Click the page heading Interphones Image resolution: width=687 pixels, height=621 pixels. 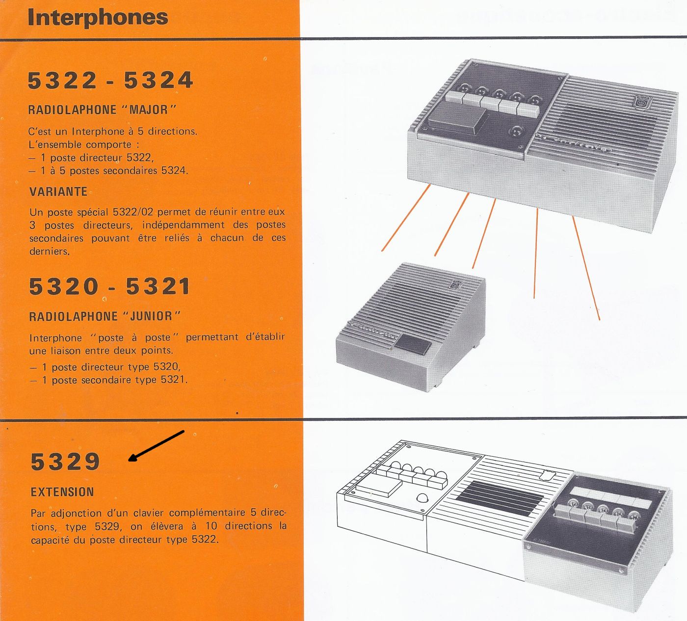click(98, 18)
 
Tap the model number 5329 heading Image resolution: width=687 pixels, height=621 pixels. click(65, 462)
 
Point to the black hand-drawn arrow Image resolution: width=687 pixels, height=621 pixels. click(156, 446)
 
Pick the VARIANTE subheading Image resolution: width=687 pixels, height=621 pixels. click(58, 191)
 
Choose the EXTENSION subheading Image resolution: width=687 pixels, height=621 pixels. click(62, 492)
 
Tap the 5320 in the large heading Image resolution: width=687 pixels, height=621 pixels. click(64, 286)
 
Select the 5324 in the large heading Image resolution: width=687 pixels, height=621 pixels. click(159, 80)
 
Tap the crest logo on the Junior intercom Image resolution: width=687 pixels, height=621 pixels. click(456, 285)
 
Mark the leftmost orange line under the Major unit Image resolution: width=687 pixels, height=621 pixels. click(405, 218)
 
